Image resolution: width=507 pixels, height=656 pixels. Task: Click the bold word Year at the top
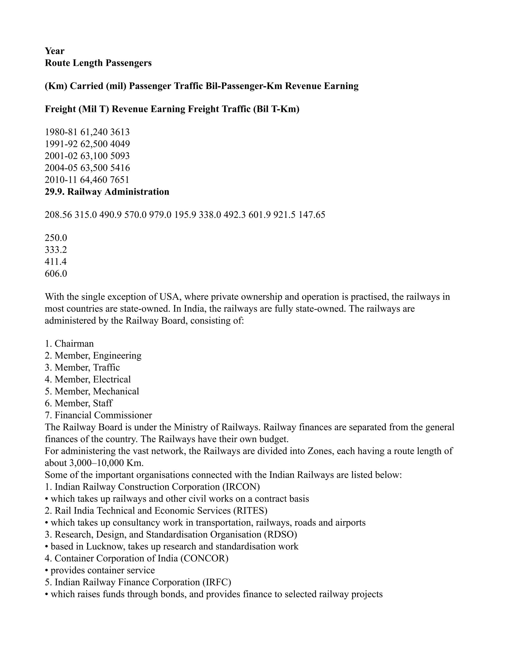pos(54,51)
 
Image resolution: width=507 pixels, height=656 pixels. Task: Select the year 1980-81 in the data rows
pos(61,132)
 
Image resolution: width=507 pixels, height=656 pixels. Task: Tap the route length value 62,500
pos(94,144)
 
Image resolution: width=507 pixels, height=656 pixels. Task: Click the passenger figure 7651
pos(120,180)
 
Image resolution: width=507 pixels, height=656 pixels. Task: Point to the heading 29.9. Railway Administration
pos(107,192)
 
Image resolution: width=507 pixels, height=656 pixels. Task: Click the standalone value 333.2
pos(56,250)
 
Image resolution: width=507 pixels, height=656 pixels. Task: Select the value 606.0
pos(56,274)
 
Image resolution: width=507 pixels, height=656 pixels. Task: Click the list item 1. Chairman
pos(69,343)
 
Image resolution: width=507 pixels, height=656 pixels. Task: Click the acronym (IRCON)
pos(241,487)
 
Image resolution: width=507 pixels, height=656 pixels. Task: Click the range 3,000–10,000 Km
pos(106,463)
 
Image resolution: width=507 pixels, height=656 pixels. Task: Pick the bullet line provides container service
pos(102,570)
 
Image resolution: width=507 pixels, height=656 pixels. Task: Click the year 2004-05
pos(61,168)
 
